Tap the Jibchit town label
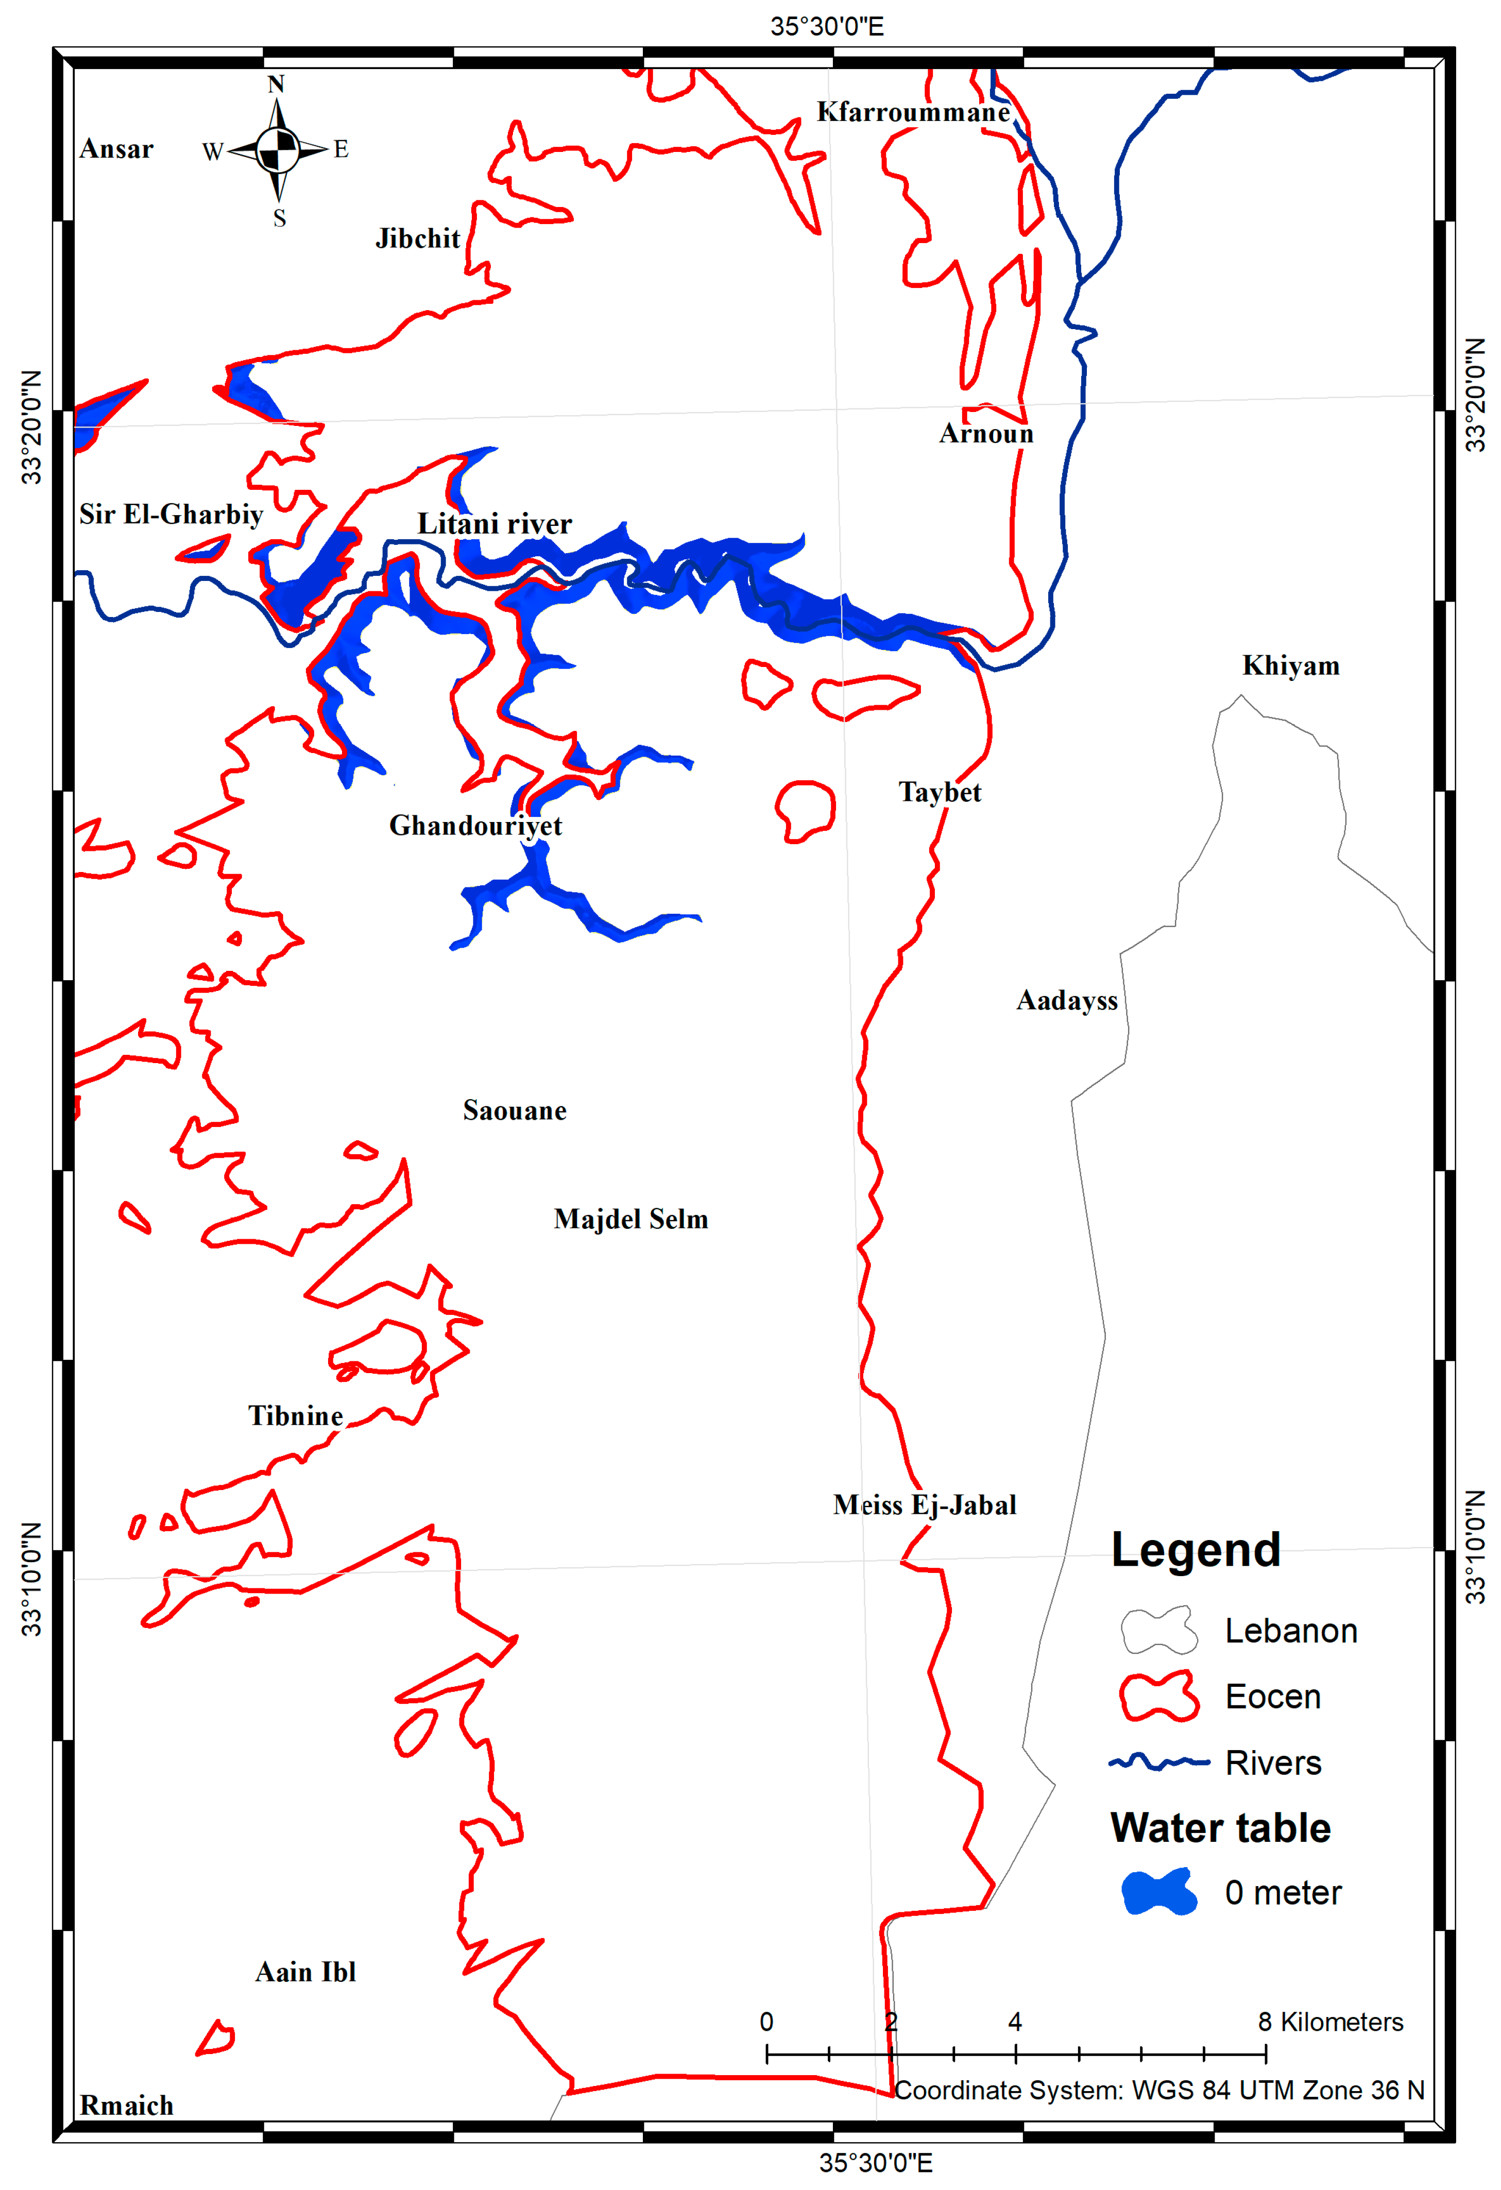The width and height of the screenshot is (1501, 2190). point(417,238)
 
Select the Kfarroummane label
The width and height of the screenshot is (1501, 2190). point(913,112)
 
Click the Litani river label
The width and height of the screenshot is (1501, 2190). point(494,524)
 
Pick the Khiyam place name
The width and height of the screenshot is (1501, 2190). point(1290,666)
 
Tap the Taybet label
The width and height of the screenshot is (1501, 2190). point(940,793)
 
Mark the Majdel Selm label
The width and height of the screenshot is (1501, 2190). point(630,1220)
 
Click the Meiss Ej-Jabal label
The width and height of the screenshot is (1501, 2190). point(924,1505)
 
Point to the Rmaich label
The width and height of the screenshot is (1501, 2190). point(126,2106)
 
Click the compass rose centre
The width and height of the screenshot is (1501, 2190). point(277,149)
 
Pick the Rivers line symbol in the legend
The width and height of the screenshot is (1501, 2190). point(1159,1762)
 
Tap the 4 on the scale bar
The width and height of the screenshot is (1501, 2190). point(1015,2022)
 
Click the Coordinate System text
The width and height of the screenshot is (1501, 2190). point(1159,2091)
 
